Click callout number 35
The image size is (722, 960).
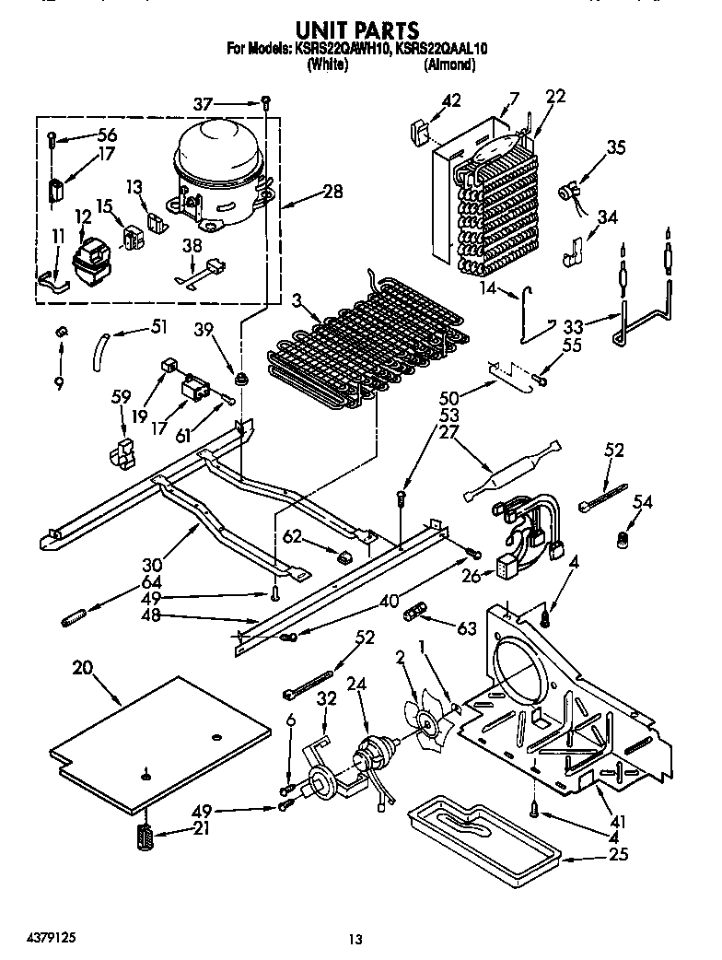[616, 147]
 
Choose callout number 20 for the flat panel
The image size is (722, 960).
[82, 671]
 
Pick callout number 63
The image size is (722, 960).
[467, 629]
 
